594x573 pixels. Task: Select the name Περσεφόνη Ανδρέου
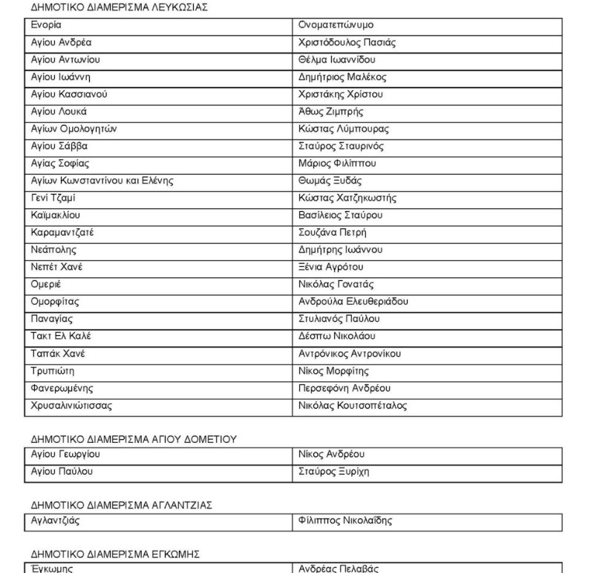[x=350, y=387]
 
